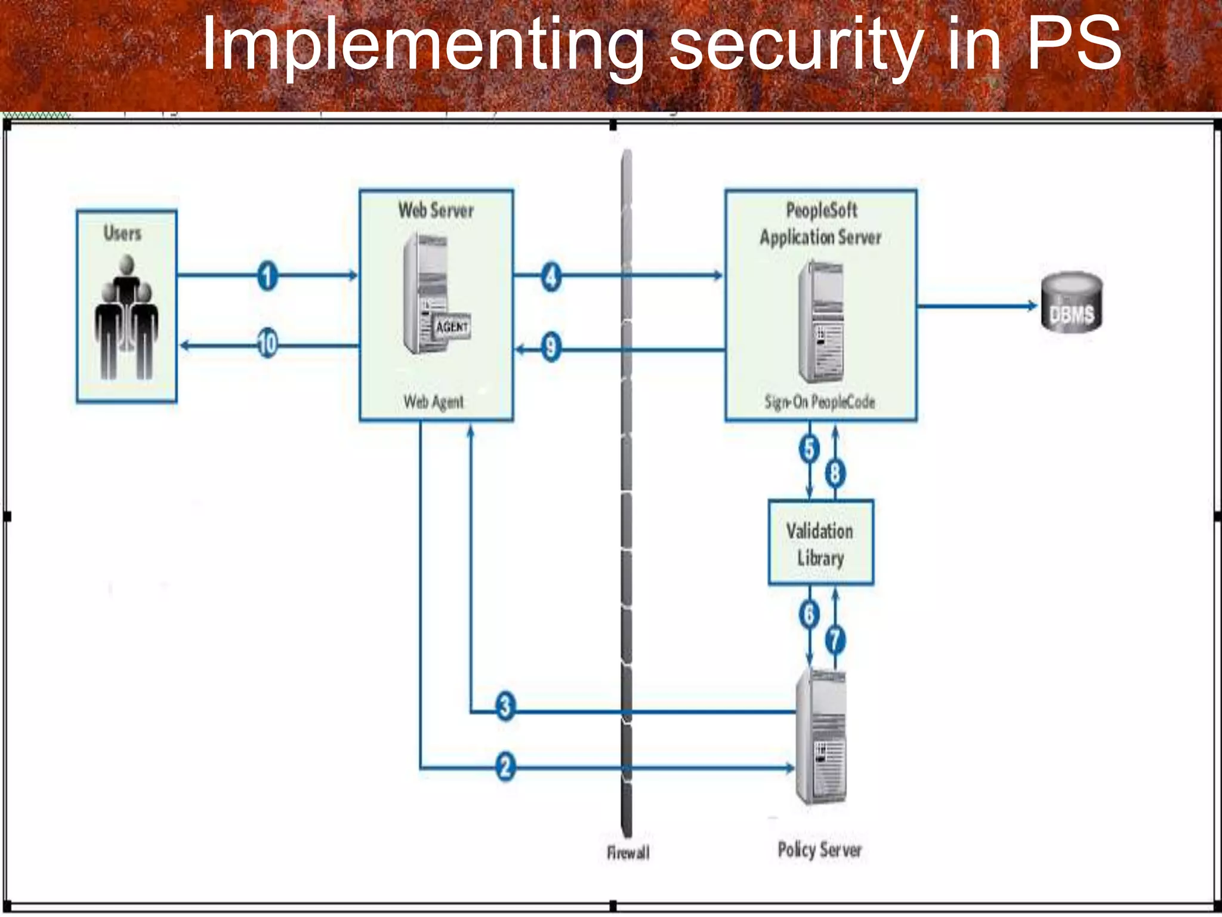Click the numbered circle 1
coord(267,276)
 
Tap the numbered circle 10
coord(267,344)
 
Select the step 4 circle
coord(551,276)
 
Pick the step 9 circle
coord(551,347)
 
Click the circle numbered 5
coord(809,449)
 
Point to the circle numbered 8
coord(835,473)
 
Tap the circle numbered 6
coord(809,614)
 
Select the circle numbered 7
coord(835,640)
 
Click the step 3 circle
coord(505,706)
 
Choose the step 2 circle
coord(505,766)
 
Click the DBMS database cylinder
coord(1072,301)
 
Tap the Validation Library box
coord(820,542)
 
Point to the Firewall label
coord(628,853)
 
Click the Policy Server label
coord(819,850)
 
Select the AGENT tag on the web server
coord(452,327)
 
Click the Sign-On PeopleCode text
coord(820,402)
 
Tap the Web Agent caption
coord(433,402)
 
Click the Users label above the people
coord(122,233)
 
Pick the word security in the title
coord(796,45)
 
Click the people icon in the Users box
coord(126,319)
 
